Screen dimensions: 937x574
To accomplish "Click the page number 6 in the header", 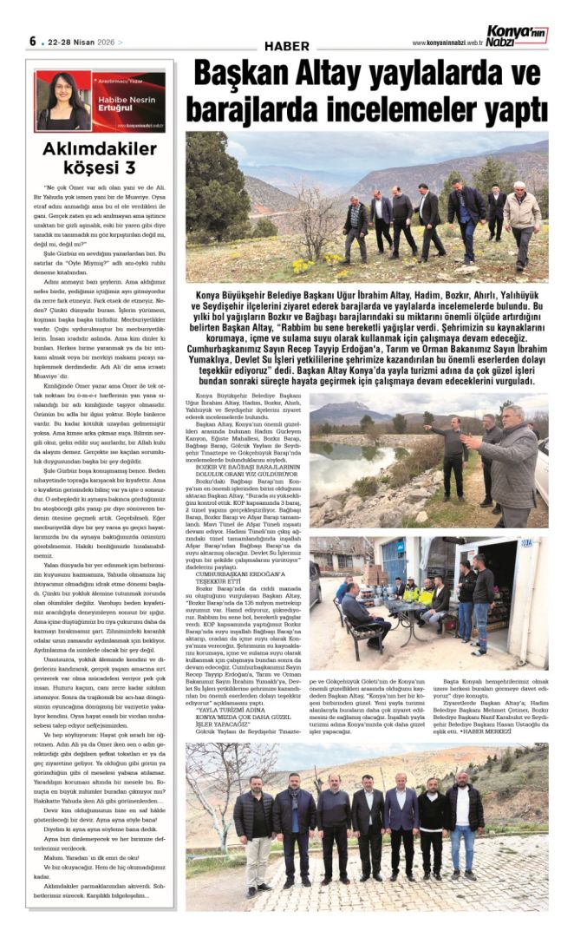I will click(32, 41).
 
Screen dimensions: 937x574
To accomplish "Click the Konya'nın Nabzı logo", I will click(516, 36).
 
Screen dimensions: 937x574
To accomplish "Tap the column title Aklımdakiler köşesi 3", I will click(101, 157).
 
